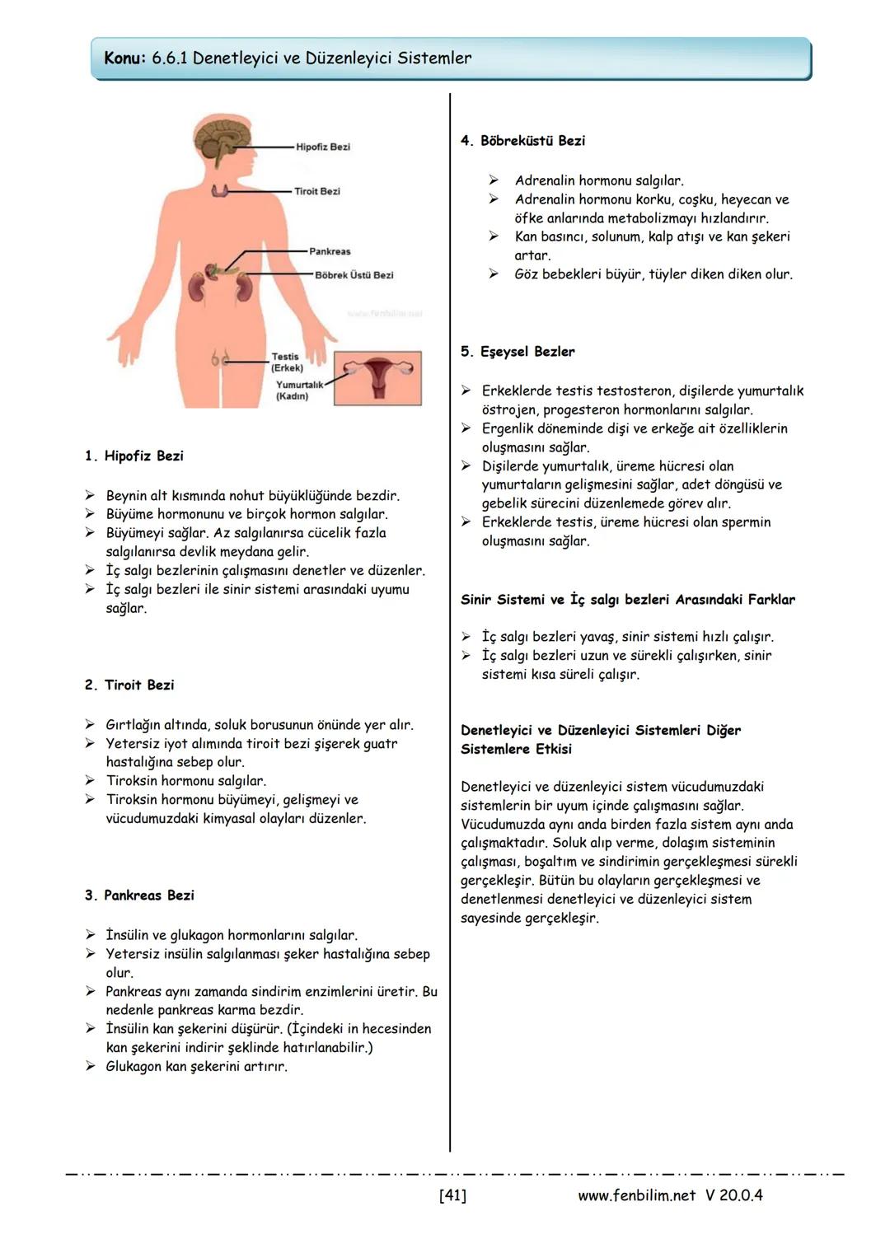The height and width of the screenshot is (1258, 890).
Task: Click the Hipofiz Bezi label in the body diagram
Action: pos(322,147)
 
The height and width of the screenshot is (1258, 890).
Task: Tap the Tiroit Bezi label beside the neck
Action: pos(317,191)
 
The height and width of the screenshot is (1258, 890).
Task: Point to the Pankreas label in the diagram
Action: pos(330,251)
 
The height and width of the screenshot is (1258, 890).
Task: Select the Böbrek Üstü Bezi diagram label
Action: pos(354,275)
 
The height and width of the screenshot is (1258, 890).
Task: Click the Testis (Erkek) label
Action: pos(286,362)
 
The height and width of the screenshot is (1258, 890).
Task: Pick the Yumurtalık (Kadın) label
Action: pos(298,390)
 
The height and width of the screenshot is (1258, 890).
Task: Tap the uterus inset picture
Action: pos(378,377)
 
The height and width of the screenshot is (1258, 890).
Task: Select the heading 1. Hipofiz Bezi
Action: pos(134,456)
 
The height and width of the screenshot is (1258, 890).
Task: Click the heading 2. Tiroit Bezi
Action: pos(129,685)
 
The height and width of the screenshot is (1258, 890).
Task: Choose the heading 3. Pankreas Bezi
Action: pos(139,895)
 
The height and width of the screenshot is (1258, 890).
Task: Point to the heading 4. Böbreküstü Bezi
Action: pos(522,141)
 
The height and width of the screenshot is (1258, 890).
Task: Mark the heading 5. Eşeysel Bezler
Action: pos(518,352)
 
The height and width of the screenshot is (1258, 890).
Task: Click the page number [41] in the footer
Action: pos(452,1195)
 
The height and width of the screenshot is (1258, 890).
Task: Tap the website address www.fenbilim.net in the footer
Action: pos(636,1195)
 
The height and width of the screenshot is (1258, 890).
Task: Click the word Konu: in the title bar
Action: pos(125,58)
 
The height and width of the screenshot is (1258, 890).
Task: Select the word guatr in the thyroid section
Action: pos(380,744)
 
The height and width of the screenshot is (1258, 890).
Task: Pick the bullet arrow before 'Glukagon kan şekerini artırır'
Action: pos(90,1066)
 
